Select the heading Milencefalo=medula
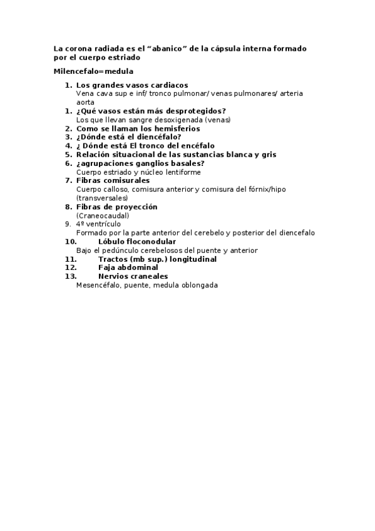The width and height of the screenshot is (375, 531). tap(93, 71)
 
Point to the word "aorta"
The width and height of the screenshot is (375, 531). tap(85, 101)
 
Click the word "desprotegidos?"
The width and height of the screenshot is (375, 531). tap(194, 111)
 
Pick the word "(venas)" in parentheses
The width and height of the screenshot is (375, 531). tap(217, 120)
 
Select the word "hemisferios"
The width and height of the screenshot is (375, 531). tap(177, 128)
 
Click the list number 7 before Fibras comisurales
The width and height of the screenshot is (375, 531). tap(69, 180)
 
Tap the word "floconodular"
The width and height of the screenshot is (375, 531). tap(151, 241)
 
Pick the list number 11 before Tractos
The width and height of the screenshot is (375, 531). tap(71, 259)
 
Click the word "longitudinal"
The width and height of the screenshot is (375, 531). tap(190, 259)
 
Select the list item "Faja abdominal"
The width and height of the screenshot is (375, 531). tap(128, 267)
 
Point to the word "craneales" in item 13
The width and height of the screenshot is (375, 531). tap(148, 276)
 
